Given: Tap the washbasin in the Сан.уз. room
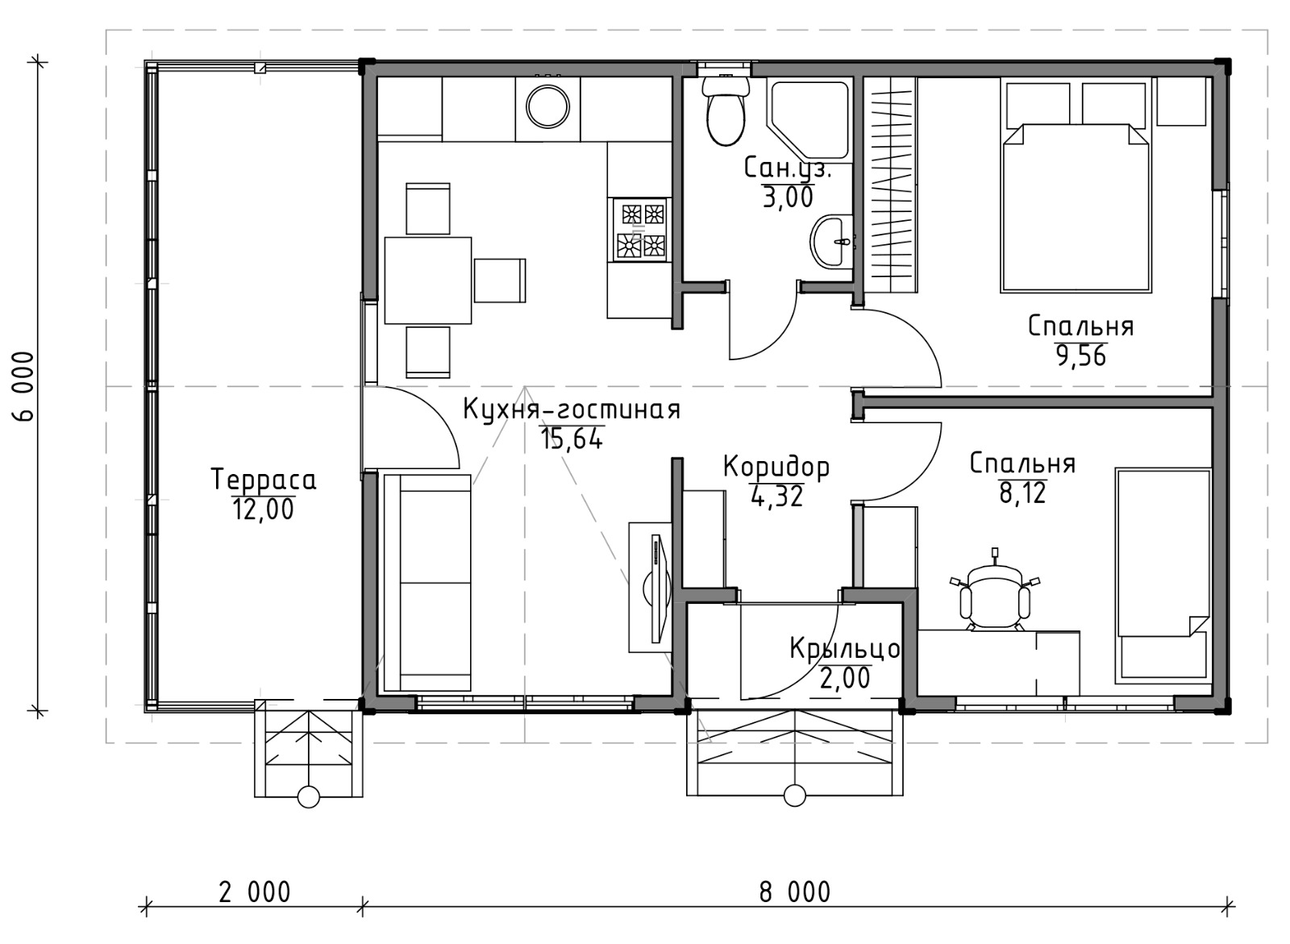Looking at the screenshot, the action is [831, 242].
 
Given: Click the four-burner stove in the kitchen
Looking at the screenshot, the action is [640, 230].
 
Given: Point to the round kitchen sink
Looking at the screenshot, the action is [547, 107].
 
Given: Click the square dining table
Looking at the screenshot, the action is [428, 280].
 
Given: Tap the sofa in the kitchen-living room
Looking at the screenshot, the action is [427, 582].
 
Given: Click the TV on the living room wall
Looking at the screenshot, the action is [658, 588].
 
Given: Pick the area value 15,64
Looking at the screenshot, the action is [572, 439].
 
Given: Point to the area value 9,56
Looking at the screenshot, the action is [1081, 356].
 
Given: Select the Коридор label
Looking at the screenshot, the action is [776, 467].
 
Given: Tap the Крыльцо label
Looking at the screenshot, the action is [844, 649].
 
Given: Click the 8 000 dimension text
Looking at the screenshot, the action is [795, 892].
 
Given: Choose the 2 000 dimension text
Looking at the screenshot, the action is [255, 892].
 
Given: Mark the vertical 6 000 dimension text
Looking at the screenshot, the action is [25, 386].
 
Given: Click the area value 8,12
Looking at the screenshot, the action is [1023, 493].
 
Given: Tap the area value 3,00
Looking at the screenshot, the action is [788, 197].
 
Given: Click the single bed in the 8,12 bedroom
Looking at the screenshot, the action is [1163, 576].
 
